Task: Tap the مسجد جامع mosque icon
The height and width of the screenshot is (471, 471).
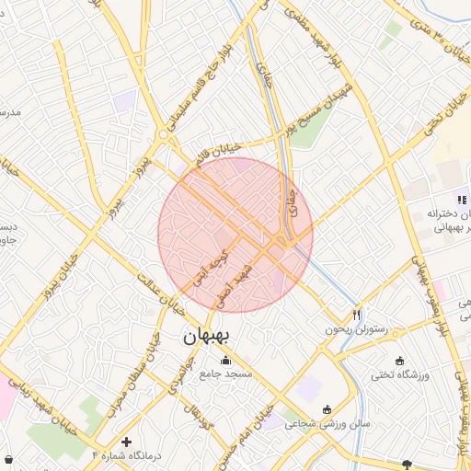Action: click(226, 360)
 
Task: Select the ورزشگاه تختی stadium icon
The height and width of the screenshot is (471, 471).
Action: click(398, 360)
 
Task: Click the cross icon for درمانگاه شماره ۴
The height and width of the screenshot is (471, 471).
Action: click(126, 442)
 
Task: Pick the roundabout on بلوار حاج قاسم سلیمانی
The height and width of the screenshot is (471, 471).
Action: click(164, 134)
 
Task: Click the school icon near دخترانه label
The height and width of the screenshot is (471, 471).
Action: click(462, 199)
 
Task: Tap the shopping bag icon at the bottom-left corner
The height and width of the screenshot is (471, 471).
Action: click(8, 458)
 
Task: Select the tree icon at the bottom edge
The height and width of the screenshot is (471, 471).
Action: click(408, 465)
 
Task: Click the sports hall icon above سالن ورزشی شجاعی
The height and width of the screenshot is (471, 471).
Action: click(327, 409)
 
